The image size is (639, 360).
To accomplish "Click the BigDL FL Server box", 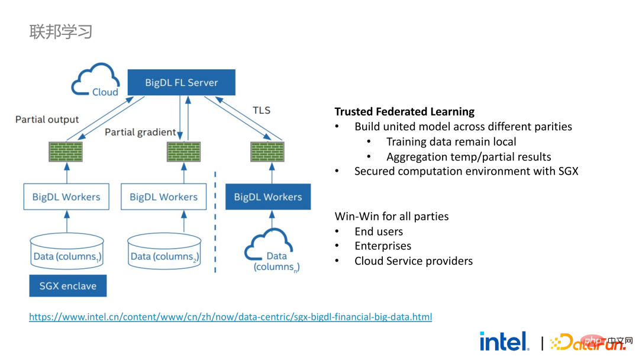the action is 182,82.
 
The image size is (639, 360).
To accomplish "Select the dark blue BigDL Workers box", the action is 268,197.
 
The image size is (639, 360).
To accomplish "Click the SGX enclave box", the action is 67,286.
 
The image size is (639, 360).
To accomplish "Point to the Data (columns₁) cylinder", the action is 67,251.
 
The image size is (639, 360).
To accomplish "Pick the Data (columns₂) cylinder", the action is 164,251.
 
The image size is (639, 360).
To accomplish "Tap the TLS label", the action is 262,111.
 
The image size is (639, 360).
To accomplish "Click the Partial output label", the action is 47,120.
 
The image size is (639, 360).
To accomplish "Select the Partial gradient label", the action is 140,132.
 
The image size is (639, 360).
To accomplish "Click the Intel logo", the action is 504,341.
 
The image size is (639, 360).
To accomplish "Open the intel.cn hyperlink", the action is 230,317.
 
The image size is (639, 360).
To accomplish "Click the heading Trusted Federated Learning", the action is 405,112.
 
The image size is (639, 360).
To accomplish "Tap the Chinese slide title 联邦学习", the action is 61,31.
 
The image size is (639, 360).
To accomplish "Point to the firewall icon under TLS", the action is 267,152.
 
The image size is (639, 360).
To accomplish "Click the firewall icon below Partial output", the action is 66,152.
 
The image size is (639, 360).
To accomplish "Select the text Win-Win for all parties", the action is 392,216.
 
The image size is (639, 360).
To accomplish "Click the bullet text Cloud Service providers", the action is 414,261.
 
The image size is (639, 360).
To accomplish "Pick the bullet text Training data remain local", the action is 451,142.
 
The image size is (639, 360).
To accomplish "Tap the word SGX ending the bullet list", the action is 568,171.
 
